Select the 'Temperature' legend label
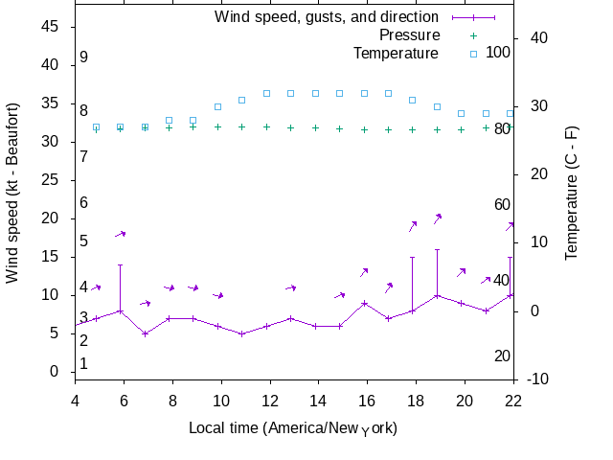396,54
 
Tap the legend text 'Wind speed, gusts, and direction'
327,17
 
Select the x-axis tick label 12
270,401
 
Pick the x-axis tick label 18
416,401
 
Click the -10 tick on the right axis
537,379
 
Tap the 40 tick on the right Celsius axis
537,38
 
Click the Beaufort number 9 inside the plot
84,57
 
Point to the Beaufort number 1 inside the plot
84,364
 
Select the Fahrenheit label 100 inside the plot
498,52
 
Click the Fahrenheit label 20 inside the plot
502,356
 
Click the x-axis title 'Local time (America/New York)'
293,427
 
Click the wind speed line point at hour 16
364,303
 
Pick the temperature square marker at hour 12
266,94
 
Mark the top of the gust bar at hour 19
437,249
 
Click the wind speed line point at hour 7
145,333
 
